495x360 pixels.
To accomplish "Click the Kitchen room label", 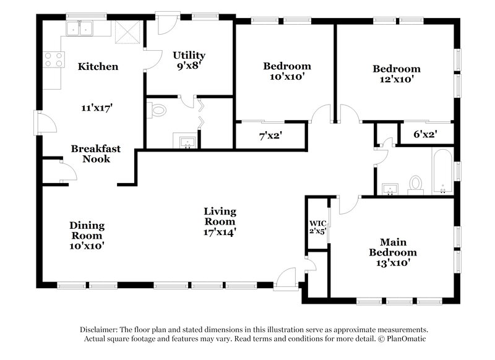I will [98, 67].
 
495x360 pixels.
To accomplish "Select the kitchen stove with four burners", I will [54, 59].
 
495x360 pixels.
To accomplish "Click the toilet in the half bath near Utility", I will [158, 111].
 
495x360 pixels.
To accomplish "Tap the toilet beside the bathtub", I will [415, 183].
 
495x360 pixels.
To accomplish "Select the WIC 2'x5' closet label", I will [317, 227].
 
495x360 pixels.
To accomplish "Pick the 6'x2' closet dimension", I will [425, 134].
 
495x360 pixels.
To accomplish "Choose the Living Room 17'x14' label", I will [220, 221].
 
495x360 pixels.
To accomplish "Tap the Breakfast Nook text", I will [95, 153].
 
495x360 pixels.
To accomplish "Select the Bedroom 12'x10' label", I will [397, 74].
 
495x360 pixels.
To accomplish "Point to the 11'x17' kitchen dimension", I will [97, 107].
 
